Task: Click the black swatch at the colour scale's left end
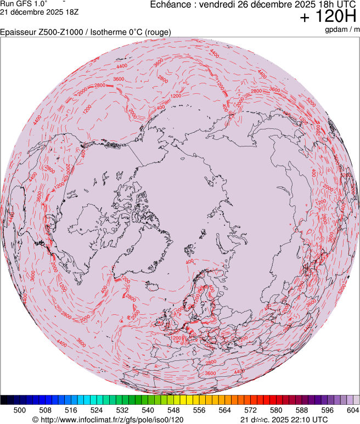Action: coord(7,400)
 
